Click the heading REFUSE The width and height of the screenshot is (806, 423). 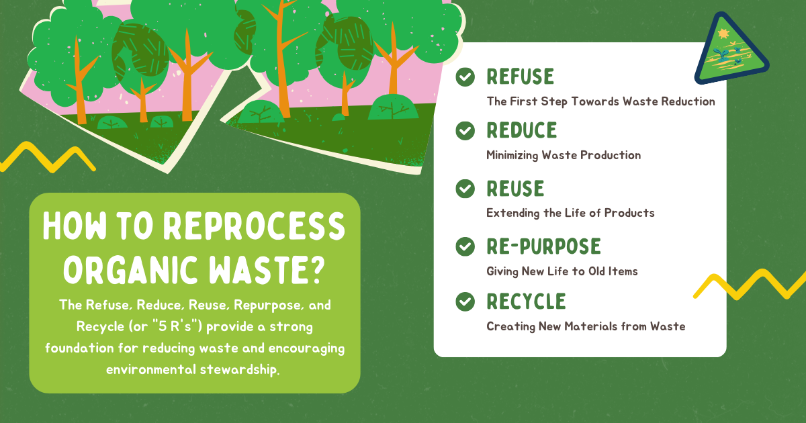(x=521, y=77)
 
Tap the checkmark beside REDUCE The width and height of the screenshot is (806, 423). (x=465, y=130)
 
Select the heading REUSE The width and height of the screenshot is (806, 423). (x=515, y=189)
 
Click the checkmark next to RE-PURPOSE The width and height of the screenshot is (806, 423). (x=465, y=246)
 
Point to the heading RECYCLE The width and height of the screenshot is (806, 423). (x=526, y=301)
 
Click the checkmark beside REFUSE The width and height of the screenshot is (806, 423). (x=465, y=77)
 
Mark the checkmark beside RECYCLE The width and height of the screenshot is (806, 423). (x=465, y=301)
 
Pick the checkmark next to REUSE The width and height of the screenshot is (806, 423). (x=465, y=189)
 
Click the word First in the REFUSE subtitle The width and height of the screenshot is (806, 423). (x=525, y=101)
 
